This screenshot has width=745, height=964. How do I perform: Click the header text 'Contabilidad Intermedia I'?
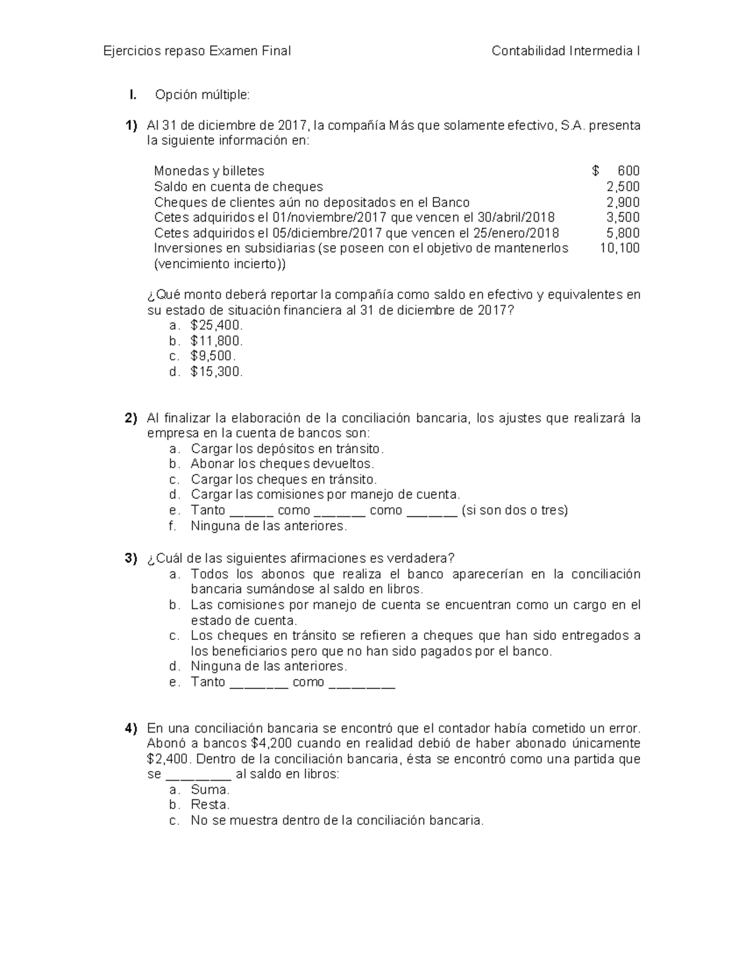(x=566, y=51)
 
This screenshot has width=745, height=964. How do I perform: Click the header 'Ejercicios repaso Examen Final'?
(x=197, y=51)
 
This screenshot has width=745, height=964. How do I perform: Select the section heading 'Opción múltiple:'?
(x=202, y=95)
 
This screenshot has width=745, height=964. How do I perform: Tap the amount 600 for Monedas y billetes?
(x=628, y=171)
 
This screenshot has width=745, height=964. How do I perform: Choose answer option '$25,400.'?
(x=217, y=325)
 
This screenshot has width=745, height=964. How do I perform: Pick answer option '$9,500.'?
(x=213, y=356)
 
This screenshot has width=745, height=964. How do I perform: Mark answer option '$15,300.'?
(x=217, y=372)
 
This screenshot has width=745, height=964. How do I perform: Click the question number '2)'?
(x=131, y=418)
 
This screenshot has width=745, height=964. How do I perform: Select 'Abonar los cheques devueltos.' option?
(x=282, y=464)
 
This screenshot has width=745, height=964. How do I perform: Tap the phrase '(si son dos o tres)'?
(x=515, y=510)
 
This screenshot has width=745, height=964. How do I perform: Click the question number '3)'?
(x=131, y=558)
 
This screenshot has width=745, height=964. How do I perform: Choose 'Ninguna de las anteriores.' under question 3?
(x=269, y=667)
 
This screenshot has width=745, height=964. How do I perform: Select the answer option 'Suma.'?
(x=210, y=790)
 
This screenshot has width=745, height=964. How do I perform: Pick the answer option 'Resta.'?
(x=210, y=805)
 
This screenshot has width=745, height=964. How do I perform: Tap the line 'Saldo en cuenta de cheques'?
(x=238, y=187)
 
